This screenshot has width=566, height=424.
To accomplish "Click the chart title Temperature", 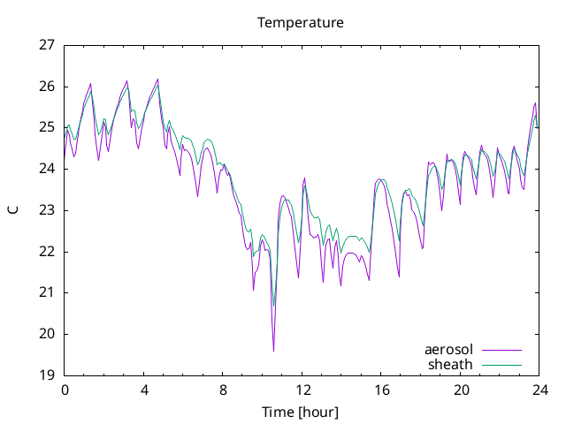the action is [301, 23].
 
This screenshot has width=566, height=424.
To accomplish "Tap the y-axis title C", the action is [13, 210].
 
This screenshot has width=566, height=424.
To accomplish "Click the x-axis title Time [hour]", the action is [301, 412].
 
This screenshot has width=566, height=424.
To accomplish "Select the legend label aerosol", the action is [448, 350].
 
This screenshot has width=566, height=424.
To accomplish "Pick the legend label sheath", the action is [450, 365].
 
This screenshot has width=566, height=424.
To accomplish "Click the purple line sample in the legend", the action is [501, 350].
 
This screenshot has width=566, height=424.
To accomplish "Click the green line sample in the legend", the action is [501, 365].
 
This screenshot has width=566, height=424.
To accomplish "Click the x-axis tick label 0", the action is [65, 390].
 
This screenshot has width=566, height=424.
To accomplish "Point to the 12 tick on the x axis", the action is [302, 390].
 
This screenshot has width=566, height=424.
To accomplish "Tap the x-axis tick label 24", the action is [539, 390].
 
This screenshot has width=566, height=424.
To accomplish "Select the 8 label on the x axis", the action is [223, 390].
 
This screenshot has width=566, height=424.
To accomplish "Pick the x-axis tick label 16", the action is [381, 390].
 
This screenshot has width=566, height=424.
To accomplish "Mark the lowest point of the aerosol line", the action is [273, 351].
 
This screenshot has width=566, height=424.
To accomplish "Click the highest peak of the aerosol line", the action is [157, 79].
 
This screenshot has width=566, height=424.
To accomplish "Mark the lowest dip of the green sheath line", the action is [273, 307].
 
